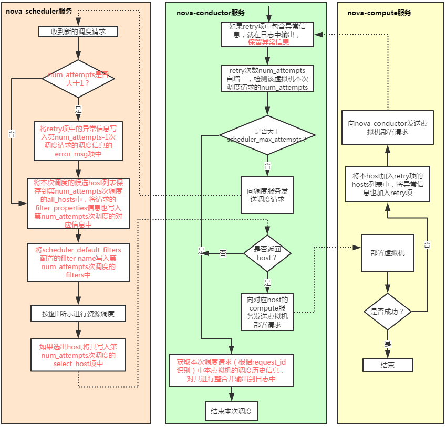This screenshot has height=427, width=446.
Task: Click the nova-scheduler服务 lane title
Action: point(39,12)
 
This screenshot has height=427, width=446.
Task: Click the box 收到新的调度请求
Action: point(78,31)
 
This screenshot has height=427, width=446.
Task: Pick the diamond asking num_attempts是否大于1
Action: point(78,79)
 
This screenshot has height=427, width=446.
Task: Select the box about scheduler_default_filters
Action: point(78,262)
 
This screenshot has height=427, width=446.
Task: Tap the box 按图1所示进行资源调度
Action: point(78,314)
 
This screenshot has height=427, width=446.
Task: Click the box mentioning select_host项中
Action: point(78,355)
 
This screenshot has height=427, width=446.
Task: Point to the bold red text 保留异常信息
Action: point(268,42)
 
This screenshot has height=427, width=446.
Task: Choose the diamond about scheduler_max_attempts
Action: point(267,135)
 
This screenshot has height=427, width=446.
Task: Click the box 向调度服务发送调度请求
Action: point(267,195)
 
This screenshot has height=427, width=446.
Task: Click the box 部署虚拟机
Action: point(388,252)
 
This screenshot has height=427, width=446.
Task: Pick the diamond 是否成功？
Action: point(388,312)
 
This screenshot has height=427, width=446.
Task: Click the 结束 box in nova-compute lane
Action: point(388,365)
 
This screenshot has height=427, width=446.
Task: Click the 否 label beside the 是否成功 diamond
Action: point(427,245)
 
